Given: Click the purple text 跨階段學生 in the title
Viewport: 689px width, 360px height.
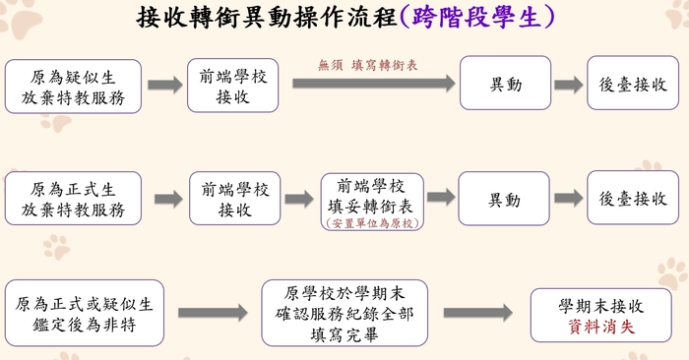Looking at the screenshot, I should click(478, 18).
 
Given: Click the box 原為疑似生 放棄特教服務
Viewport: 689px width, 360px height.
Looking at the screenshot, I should click(73, 86).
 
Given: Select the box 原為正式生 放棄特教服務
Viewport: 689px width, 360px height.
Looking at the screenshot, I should click(73, 199).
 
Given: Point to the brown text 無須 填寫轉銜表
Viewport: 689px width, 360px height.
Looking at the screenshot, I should click(368, 65).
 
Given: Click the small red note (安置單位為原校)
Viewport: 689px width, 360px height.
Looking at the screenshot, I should click(372, 223).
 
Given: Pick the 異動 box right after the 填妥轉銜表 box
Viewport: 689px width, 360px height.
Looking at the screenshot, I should click(506, 199).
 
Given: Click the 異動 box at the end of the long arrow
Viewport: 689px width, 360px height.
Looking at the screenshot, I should click(506, 85).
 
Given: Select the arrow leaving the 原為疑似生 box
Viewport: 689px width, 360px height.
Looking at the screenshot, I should click(164, 86).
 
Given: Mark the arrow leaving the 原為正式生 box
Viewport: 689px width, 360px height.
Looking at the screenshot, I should click(168, 199).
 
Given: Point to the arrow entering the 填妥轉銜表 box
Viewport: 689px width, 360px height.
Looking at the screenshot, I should click(299, 199).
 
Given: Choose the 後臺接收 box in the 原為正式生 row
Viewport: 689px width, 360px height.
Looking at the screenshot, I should click(633, 199).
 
